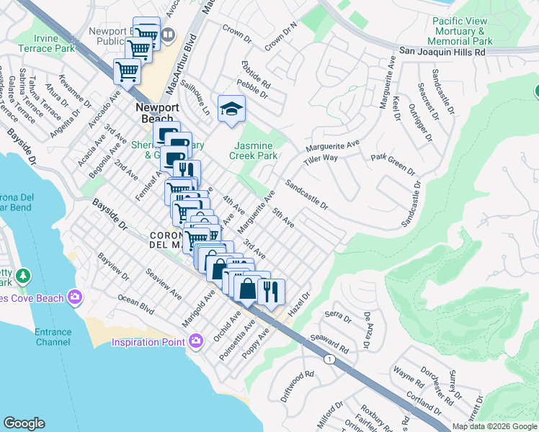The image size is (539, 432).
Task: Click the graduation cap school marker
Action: (231, 109)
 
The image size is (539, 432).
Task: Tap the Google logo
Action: (24, 423)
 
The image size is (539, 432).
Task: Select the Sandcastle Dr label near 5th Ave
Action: (306, 195)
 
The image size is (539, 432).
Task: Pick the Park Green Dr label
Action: (393, 164)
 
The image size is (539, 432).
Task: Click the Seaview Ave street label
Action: (164, 284)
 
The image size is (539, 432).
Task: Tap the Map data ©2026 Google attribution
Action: (494, 426)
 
